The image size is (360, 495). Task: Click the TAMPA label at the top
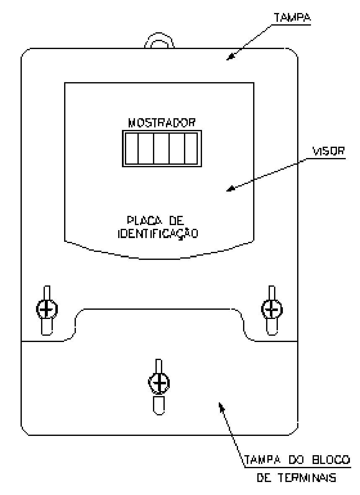click(293, 18)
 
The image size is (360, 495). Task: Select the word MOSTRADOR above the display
click(162, 122)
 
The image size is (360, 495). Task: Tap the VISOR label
click(329, 151)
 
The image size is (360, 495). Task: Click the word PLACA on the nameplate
click(145, 220)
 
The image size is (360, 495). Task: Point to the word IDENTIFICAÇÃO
click(158, 234)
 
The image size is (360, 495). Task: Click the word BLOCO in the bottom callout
click(331, 460)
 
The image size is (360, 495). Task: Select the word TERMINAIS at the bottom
click(306, 478)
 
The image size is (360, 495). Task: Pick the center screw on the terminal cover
click(159, 383)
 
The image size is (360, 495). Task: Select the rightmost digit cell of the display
click(191, 148)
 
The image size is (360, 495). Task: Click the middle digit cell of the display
click(162, 148)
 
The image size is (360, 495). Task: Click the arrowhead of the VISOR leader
click(231, 189)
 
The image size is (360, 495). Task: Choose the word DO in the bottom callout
click(296, 460)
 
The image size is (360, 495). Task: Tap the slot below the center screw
click(159, 405)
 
